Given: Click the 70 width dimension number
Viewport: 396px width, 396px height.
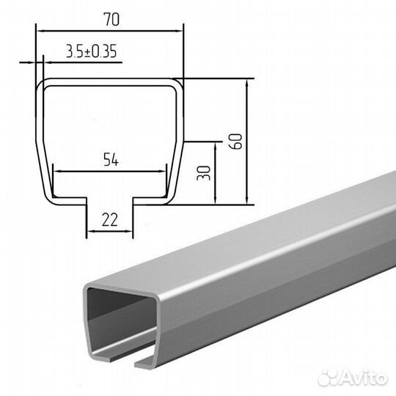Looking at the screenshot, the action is (x=111, y=19).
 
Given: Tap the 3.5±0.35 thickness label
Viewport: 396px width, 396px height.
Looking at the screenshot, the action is (x=92, y=51).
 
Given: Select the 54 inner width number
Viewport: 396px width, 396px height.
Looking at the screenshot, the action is (x=111, y=160).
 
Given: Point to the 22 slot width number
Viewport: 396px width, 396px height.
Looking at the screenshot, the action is (x=110, y=220).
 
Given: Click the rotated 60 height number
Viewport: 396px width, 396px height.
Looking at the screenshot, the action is (x=235, y=142).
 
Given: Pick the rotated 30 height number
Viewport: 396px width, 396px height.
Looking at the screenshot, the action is (x=204, y=173).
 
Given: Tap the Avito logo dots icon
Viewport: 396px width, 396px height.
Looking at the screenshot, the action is (x=328, y=378).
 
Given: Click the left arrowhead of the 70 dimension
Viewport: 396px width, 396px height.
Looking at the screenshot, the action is (x=40, y=31).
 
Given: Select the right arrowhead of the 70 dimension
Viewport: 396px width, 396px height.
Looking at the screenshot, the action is (x=179, y=31).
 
